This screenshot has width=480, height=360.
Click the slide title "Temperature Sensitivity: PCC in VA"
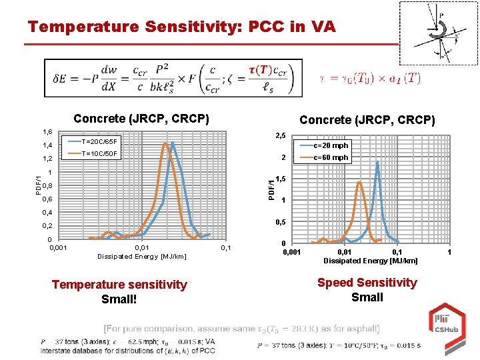tap(181, 27)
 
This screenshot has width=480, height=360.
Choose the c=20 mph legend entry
tap(330, 145)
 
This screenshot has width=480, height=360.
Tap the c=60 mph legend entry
tap(330, 158)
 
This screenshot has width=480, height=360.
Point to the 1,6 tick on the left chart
tap(47, 132)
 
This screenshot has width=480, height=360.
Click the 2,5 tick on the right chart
tap(280, 136)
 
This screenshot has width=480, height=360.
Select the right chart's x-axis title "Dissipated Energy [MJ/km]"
tap(370, 261)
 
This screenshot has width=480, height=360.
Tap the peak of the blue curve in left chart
tap(173, 143)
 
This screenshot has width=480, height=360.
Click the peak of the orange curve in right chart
tap(359, 182)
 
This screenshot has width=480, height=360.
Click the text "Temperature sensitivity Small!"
tap(119, 291)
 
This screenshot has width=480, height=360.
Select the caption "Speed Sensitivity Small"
tap(367, 289)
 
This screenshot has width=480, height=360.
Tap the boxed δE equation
tap(173, 78)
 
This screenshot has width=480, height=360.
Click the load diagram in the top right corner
tap(438, 33)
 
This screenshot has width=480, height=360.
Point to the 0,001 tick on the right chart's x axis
tap(291, 252)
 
